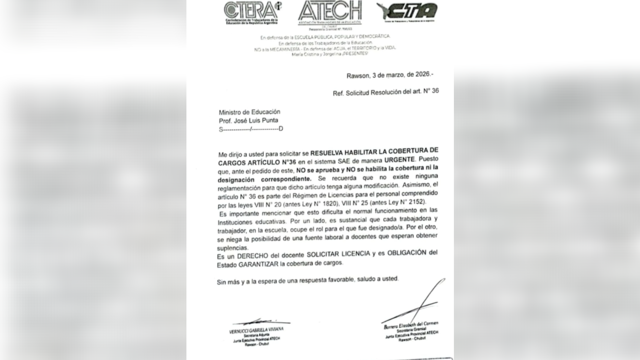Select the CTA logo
[x=407, y=12]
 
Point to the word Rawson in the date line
[x=358, y=76]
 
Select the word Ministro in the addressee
[x=230, y=112]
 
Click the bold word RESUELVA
[x=327, y=153]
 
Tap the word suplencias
[x=232, y=248]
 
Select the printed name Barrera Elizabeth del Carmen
[x=411, y=325]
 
